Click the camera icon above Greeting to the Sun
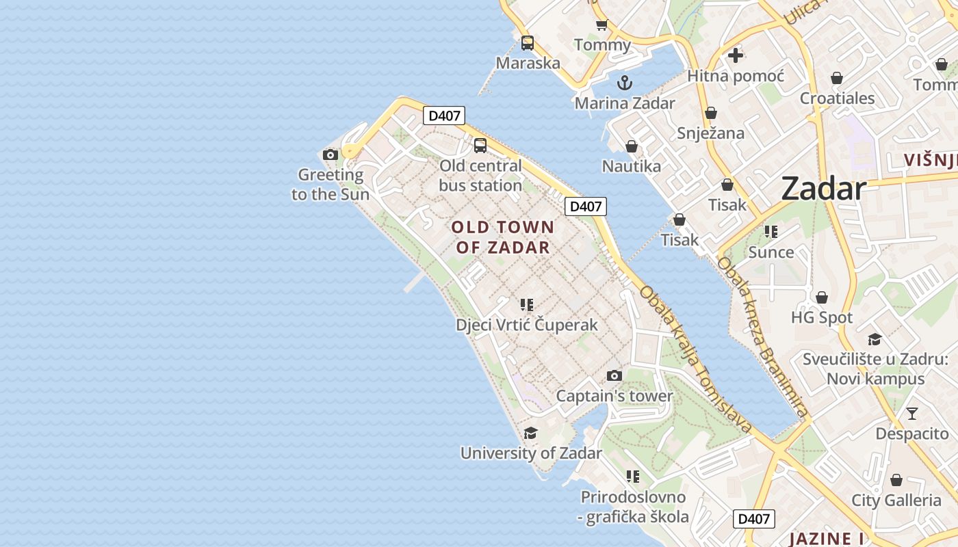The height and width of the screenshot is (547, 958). point(331,155)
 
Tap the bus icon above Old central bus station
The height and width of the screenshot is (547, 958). point(480,146)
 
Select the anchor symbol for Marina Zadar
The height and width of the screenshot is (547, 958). point(624,83)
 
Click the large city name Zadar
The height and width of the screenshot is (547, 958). point(824,188)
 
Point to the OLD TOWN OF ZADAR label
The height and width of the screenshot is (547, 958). point(503,237)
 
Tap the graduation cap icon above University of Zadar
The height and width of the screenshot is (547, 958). point(530,433)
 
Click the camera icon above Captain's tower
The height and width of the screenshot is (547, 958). point(614,375)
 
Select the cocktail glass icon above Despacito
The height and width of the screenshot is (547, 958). point(912,414)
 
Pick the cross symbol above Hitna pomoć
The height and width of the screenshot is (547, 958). point(736,55)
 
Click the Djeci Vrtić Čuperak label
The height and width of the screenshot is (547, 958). point(527,325)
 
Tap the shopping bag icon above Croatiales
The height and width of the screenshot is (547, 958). point(837,78)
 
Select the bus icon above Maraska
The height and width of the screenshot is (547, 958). point(528,43)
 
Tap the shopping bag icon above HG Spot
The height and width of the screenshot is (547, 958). point(822,297)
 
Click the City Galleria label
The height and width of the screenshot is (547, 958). point(896,501)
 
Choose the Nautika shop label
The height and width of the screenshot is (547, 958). point(631,166)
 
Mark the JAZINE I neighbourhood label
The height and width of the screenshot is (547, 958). point(826,539)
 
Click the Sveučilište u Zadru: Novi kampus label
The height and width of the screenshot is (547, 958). point(875,369)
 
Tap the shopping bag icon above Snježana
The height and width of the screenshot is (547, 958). point(711,113)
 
